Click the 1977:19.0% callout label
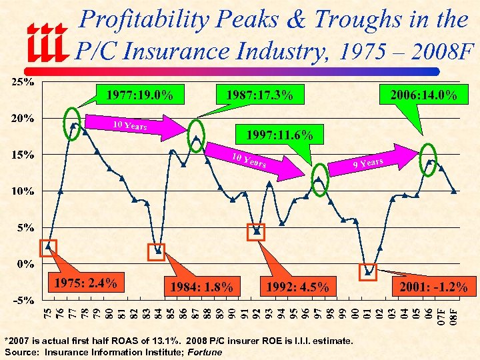[139, 96]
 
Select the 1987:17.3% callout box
[259, 96]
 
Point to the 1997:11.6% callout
[279, 135]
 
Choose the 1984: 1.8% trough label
[201, 287]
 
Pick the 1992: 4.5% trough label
[297, 287]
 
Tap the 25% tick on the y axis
[21, 83]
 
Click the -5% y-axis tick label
[23, 300]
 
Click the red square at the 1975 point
[49, 247]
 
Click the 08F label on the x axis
[453, 315]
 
